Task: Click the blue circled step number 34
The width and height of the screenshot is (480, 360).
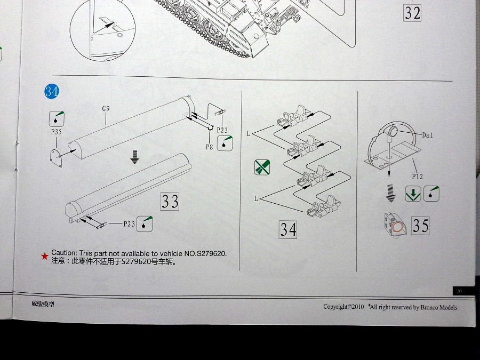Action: tap(51, 91)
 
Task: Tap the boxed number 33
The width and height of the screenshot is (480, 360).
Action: tap(170, 201)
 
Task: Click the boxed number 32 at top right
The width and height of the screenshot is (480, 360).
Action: tap(412, 12)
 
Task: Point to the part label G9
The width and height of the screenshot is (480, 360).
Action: tap(106, 109)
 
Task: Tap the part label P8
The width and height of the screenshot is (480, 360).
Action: tap(210, 146)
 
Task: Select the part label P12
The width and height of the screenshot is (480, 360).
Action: tap(418, 175)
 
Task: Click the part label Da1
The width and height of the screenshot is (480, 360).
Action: tap(428, 135)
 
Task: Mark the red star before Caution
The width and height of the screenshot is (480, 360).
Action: tap(44, 256)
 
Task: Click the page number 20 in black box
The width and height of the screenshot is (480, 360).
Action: tap(459, 291)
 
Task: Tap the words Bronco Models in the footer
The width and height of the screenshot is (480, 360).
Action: tap(438, 307)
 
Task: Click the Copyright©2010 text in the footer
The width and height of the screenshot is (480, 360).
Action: tap(343, 307)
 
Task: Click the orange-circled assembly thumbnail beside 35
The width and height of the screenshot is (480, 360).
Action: tap(396, 226)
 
